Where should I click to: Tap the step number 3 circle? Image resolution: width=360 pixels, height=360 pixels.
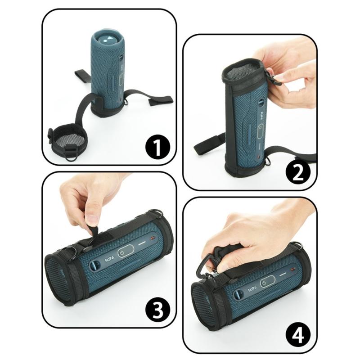pyautogui.click(x=157, y=309)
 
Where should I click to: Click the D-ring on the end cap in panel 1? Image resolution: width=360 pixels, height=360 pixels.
pyautogui.click(x=71, y=156)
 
